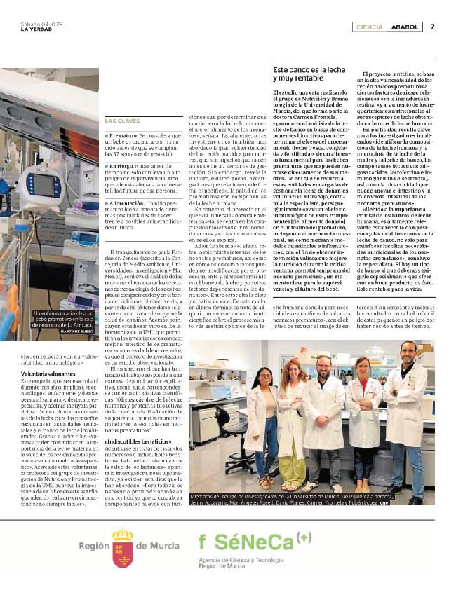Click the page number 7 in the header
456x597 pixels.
point(433,27)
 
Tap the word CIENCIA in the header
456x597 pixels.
point(369,27)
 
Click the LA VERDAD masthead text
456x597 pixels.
point(34,29)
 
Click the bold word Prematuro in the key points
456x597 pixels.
point(123,133)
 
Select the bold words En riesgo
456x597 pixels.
point(122,165)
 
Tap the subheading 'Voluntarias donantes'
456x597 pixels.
point(46,376)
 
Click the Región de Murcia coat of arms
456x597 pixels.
point(123,544)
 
